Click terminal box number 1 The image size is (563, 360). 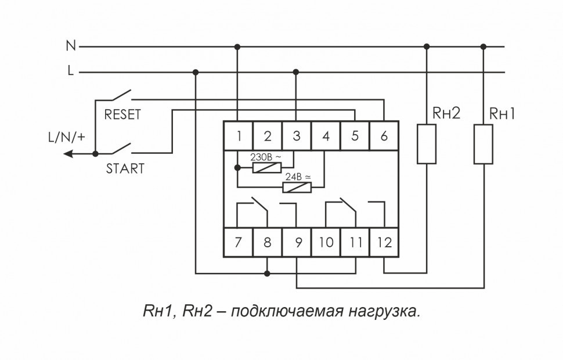239,136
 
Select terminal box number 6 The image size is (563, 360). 384,136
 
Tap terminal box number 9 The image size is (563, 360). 297,243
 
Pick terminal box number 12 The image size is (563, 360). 384,243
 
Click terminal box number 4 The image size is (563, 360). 326,136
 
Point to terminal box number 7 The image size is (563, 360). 239,243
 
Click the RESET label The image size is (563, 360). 122,115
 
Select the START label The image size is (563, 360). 125,170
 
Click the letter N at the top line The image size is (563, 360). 71,45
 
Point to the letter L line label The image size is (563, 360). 71,72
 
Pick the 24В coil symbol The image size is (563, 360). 297,187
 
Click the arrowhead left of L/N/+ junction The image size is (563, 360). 68,154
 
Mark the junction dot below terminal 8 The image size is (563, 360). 267,272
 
